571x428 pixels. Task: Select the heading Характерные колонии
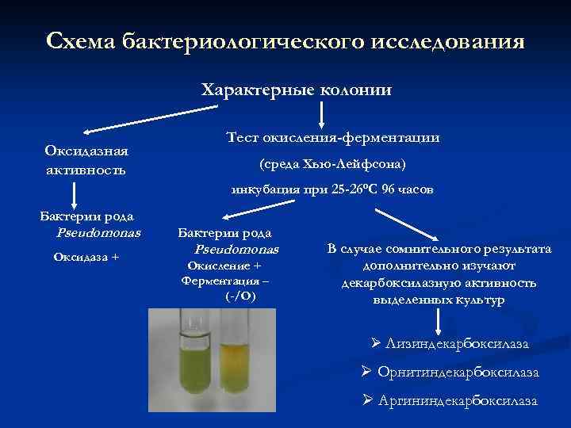click(x=297, y=90)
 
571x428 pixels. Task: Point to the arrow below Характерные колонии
click(x=321, y=115)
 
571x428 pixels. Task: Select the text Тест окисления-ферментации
click(x=333, y=137)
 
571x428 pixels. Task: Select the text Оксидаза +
click(x=86, y=255)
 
